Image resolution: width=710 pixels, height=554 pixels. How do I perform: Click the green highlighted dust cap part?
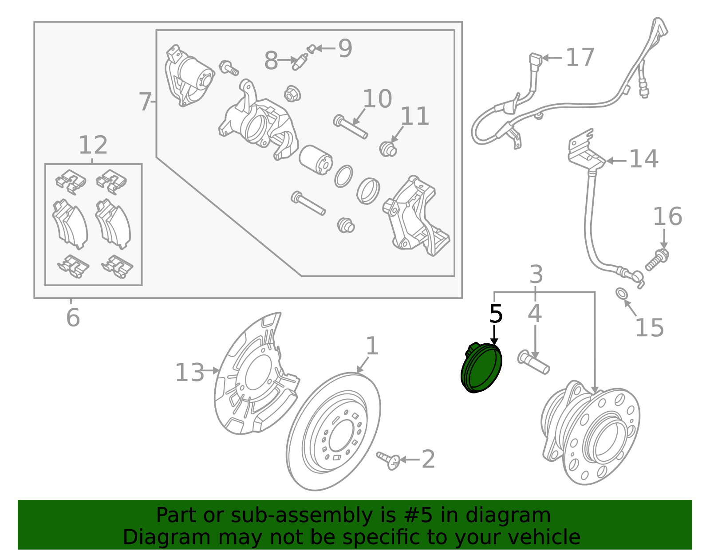coord(482,368)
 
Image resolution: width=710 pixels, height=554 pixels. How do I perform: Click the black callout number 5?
coord(496,314)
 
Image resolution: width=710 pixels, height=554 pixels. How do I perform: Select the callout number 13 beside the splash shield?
coord(189,373)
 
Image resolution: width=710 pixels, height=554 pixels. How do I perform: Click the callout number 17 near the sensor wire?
coord(580,58)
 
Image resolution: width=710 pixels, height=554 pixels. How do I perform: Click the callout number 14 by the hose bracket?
coord(643,159)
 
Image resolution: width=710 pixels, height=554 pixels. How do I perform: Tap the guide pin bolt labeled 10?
coord(350,127)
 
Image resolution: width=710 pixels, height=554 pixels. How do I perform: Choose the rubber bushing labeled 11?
coord(388,149)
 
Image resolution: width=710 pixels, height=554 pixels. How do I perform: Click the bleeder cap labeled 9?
coord(312,48)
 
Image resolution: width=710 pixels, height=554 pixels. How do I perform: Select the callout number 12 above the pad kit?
coord(93,145)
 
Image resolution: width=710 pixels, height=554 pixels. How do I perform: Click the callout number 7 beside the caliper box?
coord(145,102)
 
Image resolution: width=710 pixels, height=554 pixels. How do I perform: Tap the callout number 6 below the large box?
coord(73,318)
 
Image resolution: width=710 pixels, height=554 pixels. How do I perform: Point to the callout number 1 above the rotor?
coord(372,346)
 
